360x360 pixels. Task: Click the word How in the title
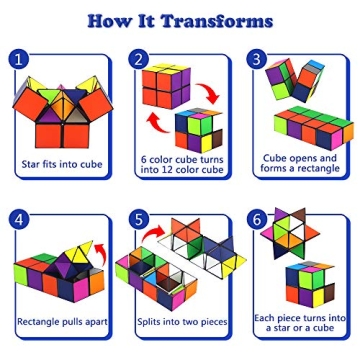click(x=109, y=19)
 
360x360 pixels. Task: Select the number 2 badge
click(x=139, y=59)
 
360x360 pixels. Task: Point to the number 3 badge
click(x=257, y=59)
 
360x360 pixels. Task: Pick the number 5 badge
click(x=139, y=218)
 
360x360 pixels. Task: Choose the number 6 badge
click(x=258, y=218)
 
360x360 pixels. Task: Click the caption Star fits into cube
click(x=61, y=164)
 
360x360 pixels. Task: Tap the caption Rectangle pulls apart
click(x=62, y=322)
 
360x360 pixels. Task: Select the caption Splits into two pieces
click(x=181, y=322)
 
